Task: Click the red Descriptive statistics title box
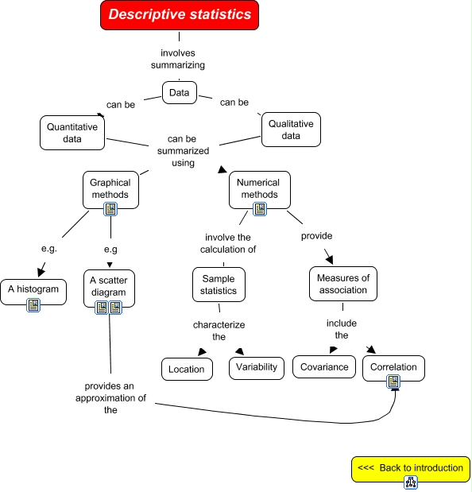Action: coord(180,15)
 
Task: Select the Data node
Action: coord(180,93)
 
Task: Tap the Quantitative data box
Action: coord(72,133)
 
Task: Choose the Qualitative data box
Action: coord(291,130)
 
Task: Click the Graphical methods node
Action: coord(110,188)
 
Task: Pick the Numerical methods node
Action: coord(258,188)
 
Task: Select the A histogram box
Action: coord(33,289)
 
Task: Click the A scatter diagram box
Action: coord(108,286)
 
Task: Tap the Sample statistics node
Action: coord(219,285)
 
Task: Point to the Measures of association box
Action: coord(343,284)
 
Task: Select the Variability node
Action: coord(256,367)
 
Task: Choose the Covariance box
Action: coord(324,367)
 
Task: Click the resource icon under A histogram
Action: coord(33,305)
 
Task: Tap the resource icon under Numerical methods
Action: coord(259,209)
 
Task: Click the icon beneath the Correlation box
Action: coord(394,383)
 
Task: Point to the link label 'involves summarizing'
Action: coord(178,59)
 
